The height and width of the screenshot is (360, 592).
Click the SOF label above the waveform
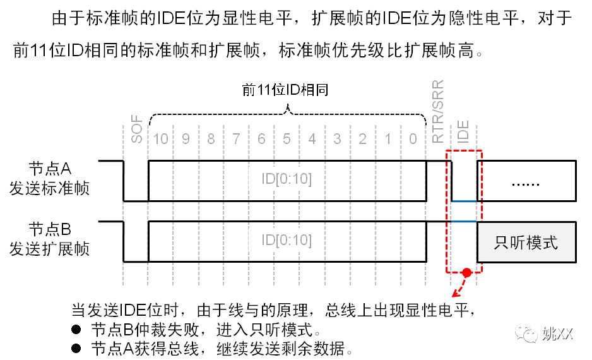click(x=136, y=128)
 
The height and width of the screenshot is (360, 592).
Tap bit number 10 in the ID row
click(x=161, y=138)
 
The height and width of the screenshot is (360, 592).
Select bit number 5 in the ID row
click(x=287, y=138)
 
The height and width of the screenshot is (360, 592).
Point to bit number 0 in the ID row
click(x=413, y=138)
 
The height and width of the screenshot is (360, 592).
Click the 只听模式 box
click(x=526, y=243)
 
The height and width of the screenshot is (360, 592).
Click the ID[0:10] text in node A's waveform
click(x=287, y=179)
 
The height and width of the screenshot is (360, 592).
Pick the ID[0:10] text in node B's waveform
click(x=287, y=241)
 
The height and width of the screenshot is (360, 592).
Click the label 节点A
click(x=50, y=168)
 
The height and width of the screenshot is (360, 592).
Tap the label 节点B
click(x=50, y=229)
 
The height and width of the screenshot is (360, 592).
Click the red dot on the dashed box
click(x=467, y=273)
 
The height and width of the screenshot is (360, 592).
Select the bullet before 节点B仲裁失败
click(x=76, y=330)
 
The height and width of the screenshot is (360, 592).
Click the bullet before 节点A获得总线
click(x=76, y=348)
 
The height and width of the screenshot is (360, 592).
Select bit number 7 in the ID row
click(x=237, y=138)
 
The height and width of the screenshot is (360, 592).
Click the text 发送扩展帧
click(x=50, y=249)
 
